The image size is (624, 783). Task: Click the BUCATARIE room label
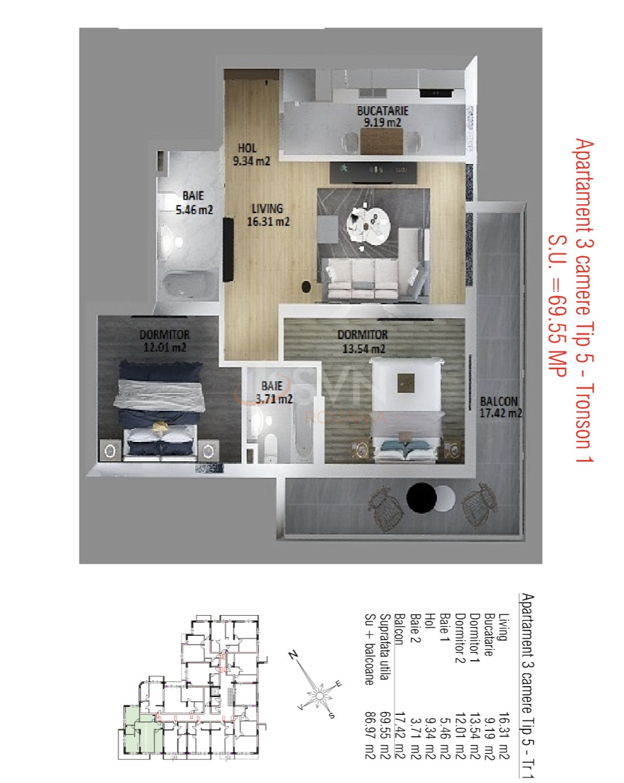[x=383, y=116]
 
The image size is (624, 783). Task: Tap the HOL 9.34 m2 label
[x=252, y=155]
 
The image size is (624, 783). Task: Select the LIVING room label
[x=268, y=215]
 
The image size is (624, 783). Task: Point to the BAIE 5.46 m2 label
[x=194, y=203]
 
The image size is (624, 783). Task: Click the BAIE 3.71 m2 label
[x=274, y=392]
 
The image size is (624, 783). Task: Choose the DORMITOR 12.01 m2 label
[x=165, y=341]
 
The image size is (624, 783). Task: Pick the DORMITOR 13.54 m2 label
[x=363, y=341]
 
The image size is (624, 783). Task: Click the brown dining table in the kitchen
[x=382, y=141]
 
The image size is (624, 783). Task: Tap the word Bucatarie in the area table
[x=488, y=634]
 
